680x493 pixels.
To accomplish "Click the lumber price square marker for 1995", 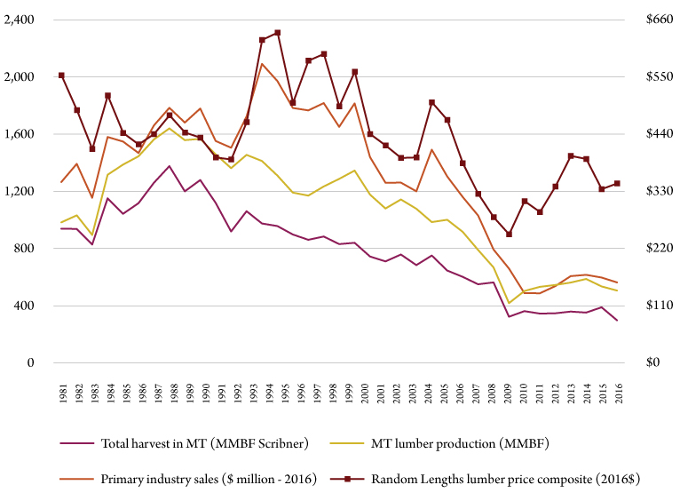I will [x=278, y=33].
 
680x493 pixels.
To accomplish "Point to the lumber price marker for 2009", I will [x=509, y=235].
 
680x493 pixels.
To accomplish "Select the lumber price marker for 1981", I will [x=62, y=76].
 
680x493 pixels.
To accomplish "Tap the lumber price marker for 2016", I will [x=616, y=183].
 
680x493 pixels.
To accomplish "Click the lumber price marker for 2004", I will [x=431, y=102].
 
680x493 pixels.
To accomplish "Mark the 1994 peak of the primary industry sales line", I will [x=263, y=63].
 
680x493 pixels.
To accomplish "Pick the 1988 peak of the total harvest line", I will [x=169, y=166].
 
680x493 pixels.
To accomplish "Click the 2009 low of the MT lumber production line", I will [x=509, y=303].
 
